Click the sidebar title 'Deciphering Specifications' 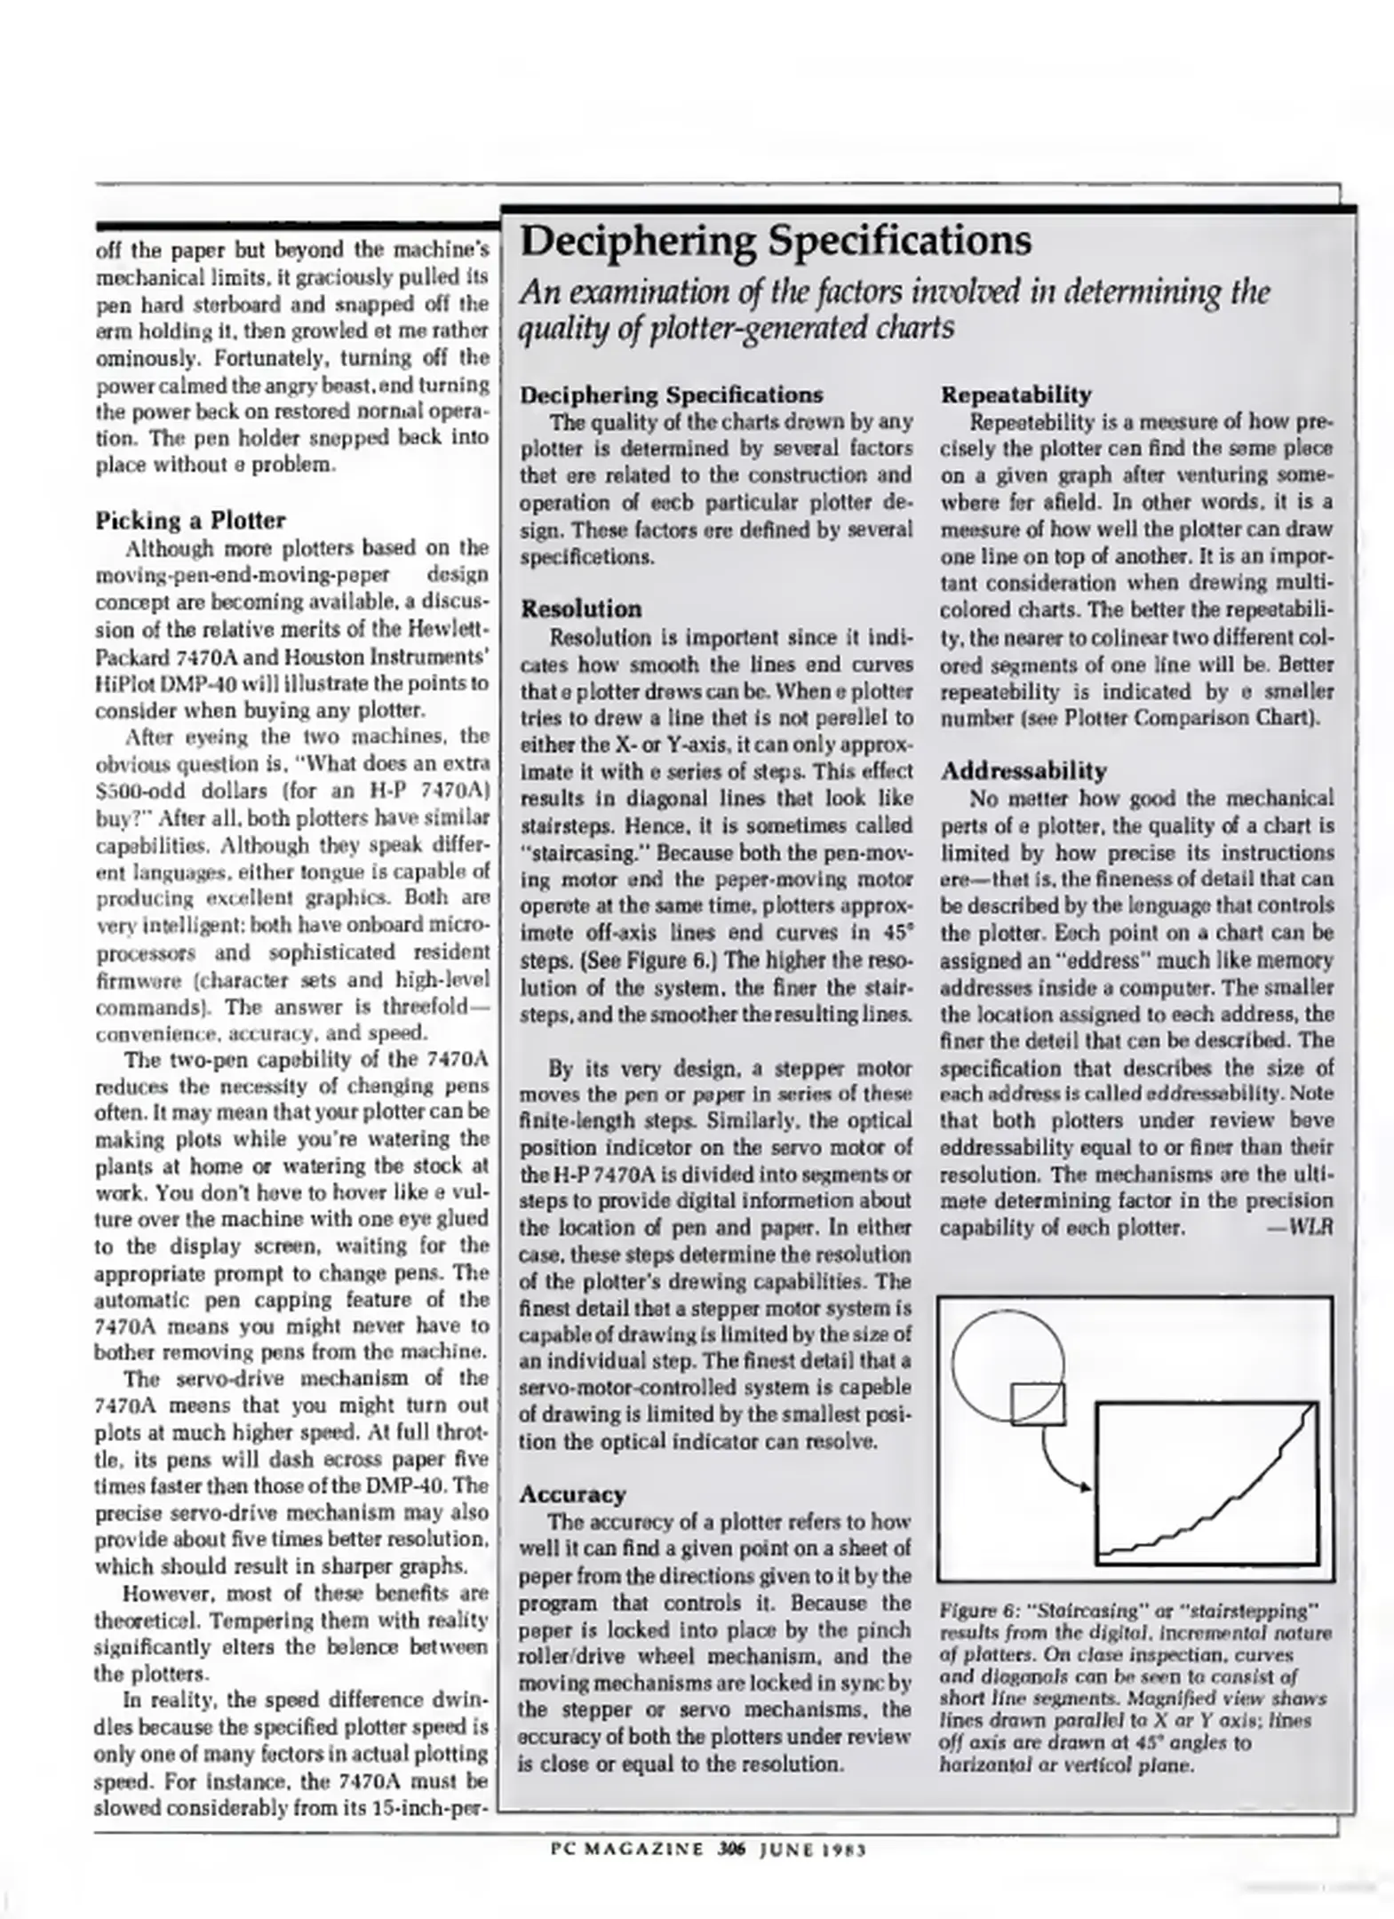(x=775, y=241)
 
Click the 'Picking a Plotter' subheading (x=190, y=520)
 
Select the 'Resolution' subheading (x=580, y=609)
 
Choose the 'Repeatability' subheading (x=1016, y=394)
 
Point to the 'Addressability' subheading (x=1024, y=770)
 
